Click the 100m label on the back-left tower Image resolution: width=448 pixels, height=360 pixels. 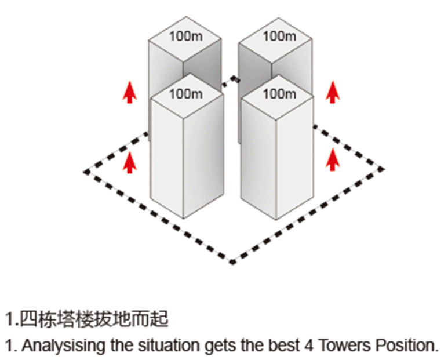tap(186, 37)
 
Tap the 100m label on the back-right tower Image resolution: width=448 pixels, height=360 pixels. tap(279, 37)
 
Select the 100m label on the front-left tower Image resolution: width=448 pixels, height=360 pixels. tap(186, 94)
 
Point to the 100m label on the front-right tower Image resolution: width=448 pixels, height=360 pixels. tap(279, 94)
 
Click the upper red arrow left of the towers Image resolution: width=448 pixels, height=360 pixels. tap(130, 92)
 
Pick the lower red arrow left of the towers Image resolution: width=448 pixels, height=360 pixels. tap(130, 162)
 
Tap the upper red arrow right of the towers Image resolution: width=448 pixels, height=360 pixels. tap(333, 92)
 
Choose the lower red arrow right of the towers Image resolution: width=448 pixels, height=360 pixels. tap(333, 160)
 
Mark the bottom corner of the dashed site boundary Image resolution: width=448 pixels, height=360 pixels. tap(232, 261)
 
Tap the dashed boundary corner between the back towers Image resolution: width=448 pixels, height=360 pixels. tap(235, 78)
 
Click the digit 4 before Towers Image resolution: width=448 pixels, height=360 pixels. tap(308, 346)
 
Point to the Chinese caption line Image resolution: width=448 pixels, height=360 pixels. tap(87, 319)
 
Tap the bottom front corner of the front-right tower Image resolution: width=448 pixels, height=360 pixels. tap(276, 220)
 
